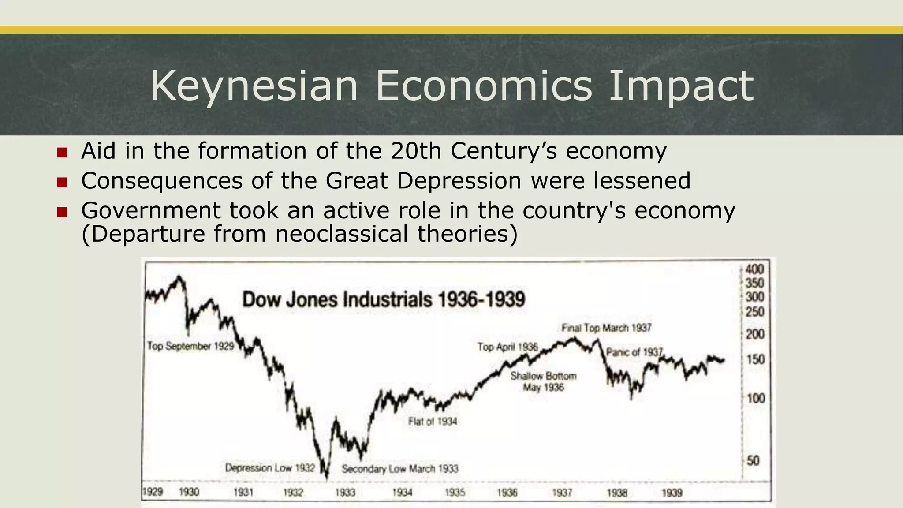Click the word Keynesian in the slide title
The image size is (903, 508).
click(254, 86)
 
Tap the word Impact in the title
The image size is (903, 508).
click(681, 86)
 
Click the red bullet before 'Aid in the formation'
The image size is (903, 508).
click(62, 153)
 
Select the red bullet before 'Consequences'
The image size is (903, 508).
click(62, 182)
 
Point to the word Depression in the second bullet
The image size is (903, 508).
click(459, 181)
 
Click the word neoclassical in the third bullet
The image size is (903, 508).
click(342, 234)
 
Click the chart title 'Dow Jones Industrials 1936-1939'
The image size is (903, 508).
click(384, 300)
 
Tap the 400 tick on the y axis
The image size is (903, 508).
click(754, 269)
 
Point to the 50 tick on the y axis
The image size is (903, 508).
click(753, 461)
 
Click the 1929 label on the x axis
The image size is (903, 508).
click(153, 492)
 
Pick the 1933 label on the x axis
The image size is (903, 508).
click(345, 492)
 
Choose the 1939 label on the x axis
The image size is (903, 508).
click(672, 493)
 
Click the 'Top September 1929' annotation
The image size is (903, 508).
click(190, 346)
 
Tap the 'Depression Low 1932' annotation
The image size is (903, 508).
click(270, 468)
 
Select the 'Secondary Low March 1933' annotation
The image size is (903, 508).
click(400, 469)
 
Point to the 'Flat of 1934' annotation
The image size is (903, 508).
click(433, 422)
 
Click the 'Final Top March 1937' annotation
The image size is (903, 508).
click(606, 328)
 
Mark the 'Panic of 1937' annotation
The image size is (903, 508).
click(634, 352)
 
